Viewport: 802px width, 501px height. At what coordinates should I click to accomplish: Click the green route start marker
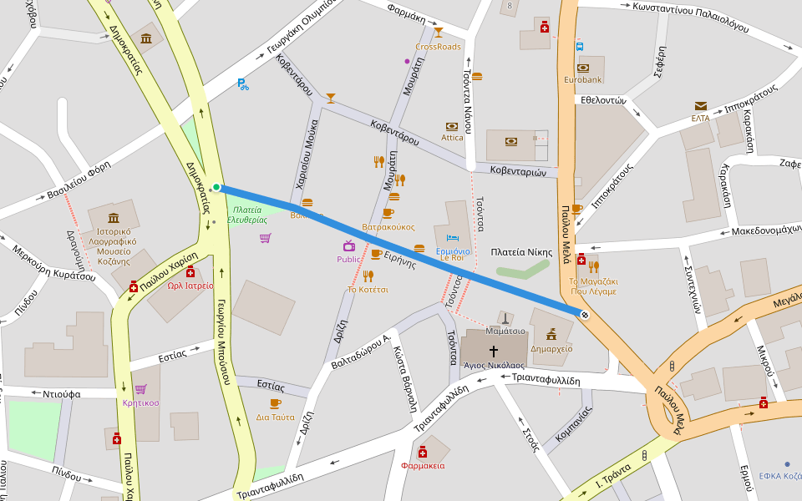click(x=216, y=187)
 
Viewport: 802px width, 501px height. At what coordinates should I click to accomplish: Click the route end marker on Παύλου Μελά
click(x=584, y=314)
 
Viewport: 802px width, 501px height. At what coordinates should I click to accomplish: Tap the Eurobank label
click(x=582, y=80)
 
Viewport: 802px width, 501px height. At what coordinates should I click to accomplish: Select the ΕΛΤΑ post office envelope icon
click(x=700, y=106)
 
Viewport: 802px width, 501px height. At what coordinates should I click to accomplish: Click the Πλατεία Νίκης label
click(x=521, y=251)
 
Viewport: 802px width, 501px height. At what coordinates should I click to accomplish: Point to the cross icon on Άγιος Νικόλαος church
click(x=493, y=351)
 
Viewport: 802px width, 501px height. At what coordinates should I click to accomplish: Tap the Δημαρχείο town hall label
click(x=551, y=348)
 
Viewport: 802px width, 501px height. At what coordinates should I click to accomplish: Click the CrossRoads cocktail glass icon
click(x=438, y=33)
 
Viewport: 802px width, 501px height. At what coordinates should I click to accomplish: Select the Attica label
click(x=452, y=138)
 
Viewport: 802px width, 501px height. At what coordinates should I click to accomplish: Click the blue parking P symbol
click(x=242, y=83)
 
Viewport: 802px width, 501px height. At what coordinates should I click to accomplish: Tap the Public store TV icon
click(x=348, y=245)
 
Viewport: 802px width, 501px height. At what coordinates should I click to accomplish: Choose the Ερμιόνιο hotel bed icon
click(x=452, y=237)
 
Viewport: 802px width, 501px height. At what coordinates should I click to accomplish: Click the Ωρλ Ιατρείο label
click(x=190, y=285)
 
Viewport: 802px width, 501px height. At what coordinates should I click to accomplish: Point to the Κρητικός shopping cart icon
click(x=140, y=389)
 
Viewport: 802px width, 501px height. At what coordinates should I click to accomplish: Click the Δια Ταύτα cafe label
click(x=275, y=417)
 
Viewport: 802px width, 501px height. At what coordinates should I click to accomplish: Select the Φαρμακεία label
click(x=423, y=465)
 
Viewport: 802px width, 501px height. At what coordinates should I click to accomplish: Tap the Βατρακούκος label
click(x=388, y=226)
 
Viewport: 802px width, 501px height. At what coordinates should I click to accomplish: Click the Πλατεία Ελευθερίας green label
click(x=250, y=215)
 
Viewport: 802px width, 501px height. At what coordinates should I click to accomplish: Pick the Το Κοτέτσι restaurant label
click(x=368, y=290)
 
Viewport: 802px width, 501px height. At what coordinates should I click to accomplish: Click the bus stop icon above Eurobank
click(x=579, y=47)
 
